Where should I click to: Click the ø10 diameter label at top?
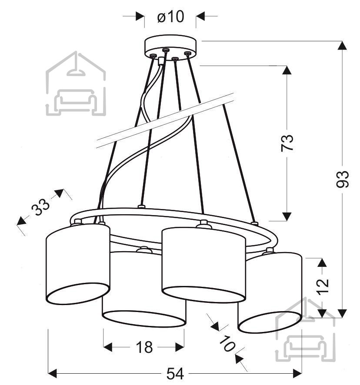[170, 17]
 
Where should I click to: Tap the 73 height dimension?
[287, 143]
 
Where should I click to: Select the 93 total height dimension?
[343, 179]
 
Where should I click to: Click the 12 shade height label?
[323, 286]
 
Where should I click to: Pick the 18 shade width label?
[144, 347]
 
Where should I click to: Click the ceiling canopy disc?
[170, 47]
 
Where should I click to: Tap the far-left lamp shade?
[78, 264]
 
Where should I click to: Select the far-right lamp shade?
[270, 292]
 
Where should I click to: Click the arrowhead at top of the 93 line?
[342, 46]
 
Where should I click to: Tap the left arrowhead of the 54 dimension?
[53, 374]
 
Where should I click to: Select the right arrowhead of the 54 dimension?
[297, 374]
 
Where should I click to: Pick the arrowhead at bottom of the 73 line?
[287, 216]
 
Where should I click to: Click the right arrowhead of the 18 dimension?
[180, 347]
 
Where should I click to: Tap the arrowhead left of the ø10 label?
[140, 16]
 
